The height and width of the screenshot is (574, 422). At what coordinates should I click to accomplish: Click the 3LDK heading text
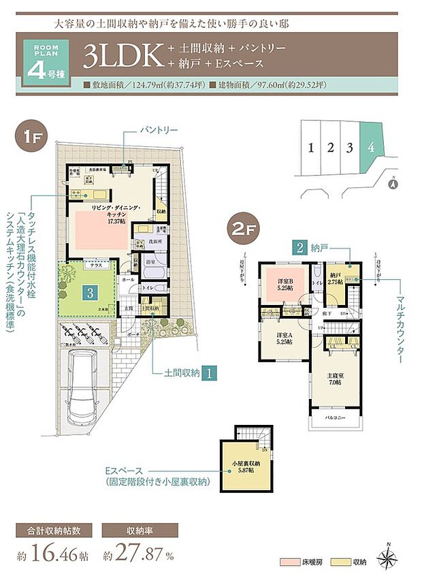click(120, 57)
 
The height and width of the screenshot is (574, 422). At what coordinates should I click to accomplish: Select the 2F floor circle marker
click(242, 227)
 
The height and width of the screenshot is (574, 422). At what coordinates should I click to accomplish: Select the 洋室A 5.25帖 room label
click(284, 338)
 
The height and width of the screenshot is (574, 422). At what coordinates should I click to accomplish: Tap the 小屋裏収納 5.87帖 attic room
click(244, 468)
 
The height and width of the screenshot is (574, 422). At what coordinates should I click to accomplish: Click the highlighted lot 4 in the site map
click(371, 147)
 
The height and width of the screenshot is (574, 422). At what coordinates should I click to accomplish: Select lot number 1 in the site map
click(310, 147)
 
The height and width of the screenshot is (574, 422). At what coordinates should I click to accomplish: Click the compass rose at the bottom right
click(387, 556)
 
